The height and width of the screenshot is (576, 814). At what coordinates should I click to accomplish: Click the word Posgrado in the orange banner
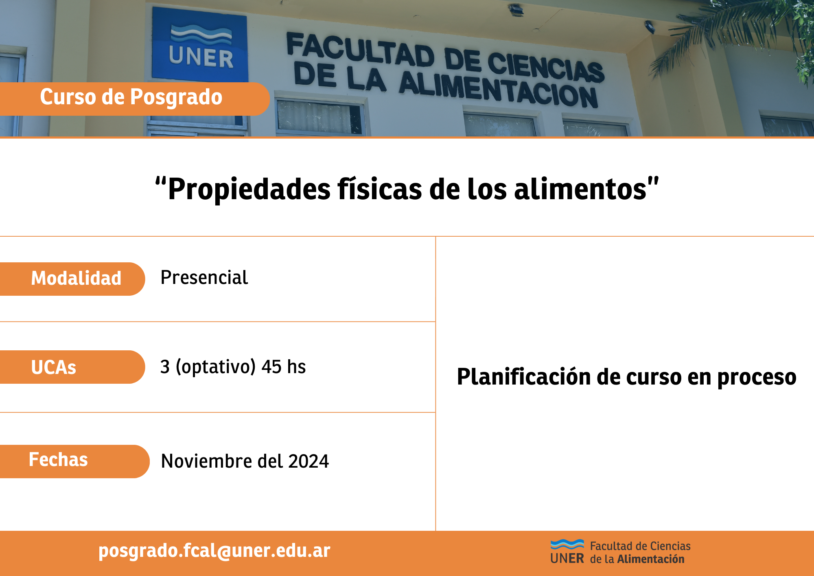point(176,97)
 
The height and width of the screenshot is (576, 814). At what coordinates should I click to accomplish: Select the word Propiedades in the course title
point(249,189)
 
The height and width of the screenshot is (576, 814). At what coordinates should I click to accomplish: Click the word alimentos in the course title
point(580,189)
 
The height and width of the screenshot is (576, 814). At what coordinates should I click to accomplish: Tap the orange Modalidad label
point(72,279)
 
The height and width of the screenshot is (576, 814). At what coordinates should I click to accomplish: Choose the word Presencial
point(204,278)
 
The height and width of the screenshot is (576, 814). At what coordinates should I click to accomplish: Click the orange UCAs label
point(72,367)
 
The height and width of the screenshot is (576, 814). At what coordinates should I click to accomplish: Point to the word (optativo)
point(216,367)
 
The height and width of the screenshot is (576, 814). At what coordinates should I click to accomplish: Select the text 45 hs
point(284,367)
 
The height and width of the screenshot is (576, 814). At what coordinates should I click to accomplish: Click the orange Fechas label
point(75,462)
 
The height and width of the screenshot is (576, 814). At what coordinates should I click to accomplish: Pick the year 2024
point(309,461)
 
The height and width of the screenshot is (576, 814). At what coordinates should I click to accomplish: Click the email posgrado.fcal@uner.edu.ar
point(214,551)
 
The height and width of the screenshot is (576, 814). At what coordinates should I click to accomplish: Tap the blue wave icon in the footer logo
point(567,544)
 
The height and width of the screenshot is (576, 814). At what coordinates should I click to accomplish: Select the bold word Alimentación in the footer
point(651,559)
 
